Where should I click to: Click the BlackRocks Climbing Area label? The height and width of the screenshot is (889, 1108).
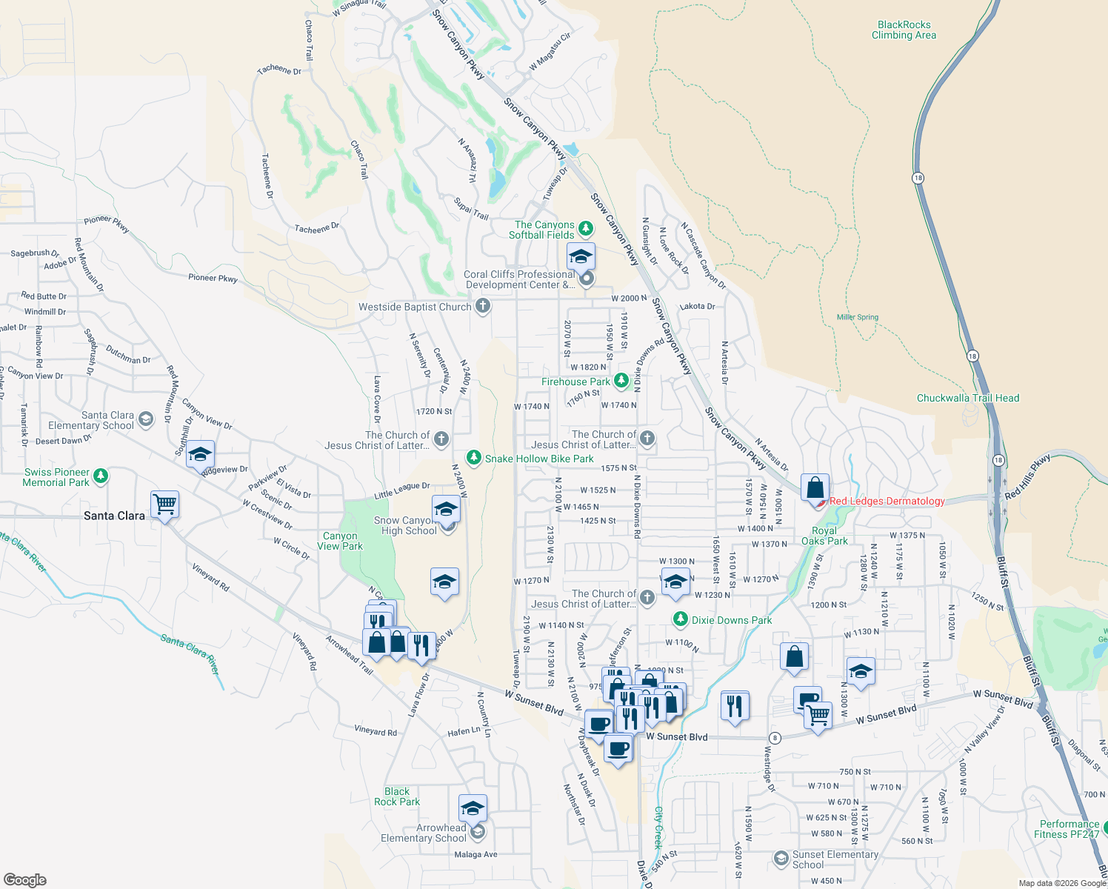(903, 30)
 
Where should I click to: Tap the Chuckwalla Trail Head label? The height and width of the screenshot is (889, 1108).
(967, 398)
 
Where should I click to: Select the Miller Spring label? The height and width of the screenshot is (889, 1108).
(857, 317)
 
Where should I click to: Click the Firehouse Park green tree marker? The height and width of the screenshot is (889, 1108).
(621, 381)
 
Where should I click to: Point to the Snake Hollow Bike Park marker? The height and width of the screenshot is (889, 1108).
(474, 458)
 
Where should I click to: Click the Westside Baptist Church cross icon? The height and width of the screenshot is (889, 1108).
(483, 305)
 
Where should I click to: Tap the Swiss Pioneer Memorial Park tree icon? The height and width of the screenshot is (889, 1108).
(101, 476)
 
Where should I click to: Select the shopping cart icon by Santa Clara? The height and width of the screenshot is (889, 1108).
(164, 505)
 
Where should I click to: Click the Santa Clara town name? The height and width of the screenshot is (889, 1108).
(114, 516)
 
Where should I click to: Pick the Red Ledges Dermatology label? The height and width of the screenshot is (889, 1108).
(887, 502)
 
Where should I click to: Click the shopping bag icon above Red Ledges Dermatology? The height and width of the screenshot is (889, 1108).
(815, 488)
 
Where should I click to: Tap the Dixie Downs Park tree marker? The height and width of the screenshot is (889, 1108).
(680, 619)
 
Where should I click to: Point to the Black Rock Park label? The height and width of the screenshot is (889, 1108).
(397, 796)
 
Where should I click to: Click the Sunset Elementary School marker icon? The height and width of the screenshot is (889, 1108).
(781, 859)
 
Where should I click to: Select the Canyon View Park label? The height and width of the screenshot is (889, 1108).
(340, 541)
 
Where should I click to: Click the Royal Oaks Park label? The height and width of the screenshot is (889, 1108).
(824, 536)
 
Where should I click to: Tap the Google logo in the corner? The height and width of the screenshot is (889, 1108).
(24, 879)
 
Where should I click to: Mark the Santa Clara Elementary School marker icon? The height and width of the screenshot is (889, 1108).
(146, 419)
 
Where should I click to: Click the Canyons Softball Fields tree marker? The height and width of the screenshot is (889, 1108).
(586, 228)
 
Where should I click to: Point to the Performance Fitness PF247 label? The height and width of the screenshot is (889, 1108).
(1069, 829)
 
